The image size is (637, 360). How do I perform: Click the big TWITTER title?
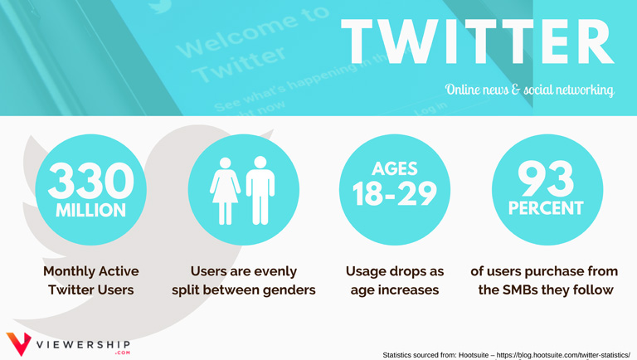pyautogui.click(x=478, y=41)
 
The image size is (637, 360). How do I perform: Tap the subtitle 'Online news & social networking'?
pyautogui.click(x=529, y=90)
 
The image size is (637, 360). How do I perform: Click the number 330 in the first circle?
pyautogui.click(x=91, y=180)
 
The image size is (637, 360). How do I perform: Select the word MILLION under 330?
pyautogui.click(x=91, y=210)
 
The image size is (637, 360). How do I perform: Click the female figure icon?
pyautogui.click(x=225, y=191)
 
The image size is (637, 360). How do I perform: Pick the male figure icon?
pyautogui.click(x=260, y=191)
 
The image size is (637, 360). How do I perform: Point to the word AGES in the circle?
pyautogui.click(x=395, y=168)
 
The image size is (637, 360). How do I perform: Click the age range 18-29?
pyautogui.click(x=395, y=193)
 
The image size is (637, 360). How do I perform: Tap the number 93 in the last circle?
pyautogui.click(x=546, y=178)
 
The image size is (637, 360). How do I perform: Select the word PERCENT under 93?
pyautogui.click(x=546, y=208)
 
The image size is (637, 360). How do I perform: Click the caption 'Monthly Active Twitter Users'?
pyautogui.click(x=91, y=280)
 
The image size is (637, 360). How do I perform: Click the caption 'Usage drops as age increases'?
pyautogui.click(x=395, y=280)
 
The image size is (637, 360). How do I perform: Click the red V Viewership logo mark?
pyautogui.click(x=18, y=343)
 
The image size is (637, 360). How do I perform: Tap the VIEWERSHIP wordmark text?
pyautogui.click(x=83, y=345)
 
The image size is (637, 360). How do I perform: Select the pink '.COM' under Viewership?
pyautogui.click(x=122, y=353)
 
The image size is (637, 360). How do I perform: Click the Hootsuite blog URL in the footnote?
pyautogui.click(x=563, y=355)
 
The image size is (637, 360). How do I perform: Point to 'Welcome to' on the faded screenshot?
pyautogui.click(x=252, y=32)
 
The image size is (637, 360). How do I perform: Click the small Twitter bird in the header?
pyautogui.click(x=159, y=6)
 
